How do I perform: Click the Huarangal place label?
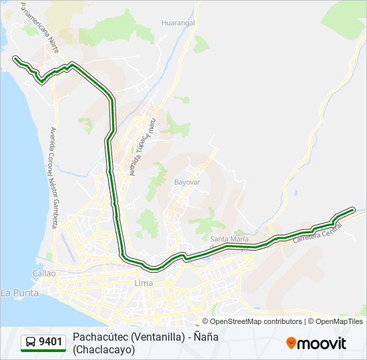pos(177,22)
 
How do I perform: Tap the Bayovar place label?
pos(187,181)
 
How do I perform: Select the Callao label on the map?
pos(44,273)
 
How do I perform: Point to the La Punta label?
pos(16,292)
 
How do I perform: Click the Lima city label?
pos(143,283)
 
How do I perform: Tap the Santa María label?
pos(229,239)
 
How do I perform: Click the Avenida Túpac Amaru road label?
pos(142,147)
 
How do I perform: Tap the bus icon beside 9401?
pos(31,343)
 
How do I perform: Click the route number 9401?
pos(51,343)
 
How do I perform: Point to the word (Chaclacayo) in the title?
pos(103,349)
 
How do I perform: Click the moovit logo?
pos(316,343)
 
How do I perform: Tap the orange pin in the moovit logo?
pos(291,343)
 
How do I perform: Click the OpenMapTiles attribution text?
pos(339,321)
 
